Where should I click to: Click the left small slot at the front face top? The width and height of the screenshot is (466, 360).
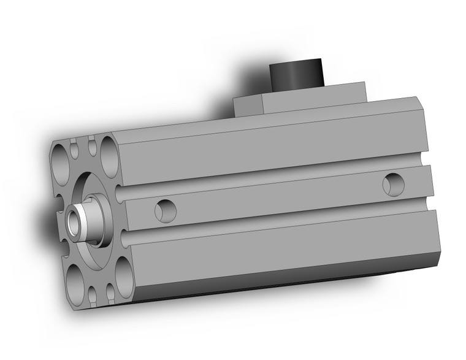(75, 148)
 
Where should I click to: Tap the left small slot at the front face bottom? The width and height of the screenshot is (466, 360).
(92, 296)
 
